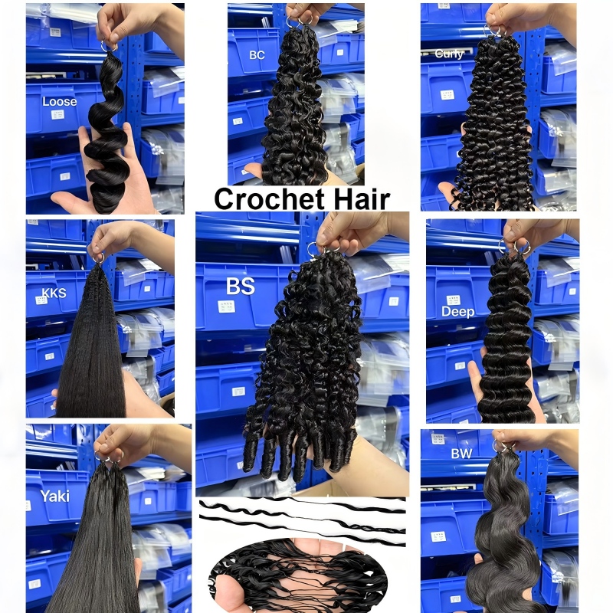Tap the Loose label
60,102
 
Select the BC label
257,55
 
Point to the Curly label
449,54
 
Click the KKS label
54,293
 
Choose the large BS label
241,286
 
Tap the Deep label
457,312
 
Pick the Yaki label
54,496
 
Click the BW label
461,454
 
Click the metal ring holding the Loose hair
108,47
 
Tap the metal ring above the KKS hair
98,258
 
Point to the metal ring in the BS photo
313,249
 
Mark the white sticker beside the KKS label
41,300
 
